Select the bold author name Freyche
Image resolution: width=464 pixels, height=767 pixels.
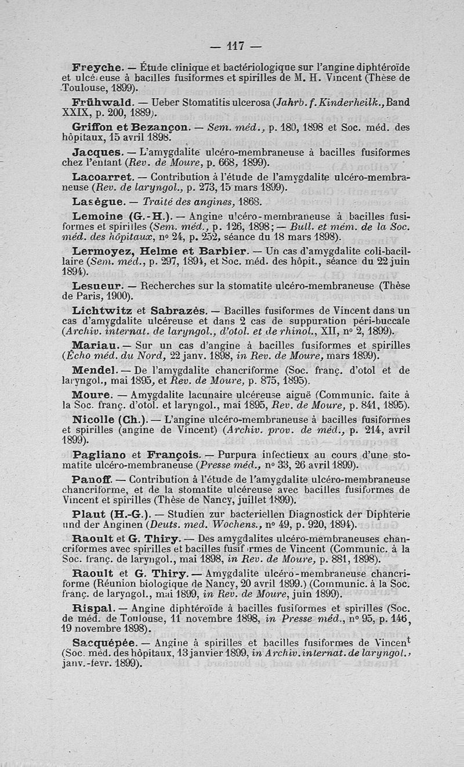[x=95, y=68]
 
